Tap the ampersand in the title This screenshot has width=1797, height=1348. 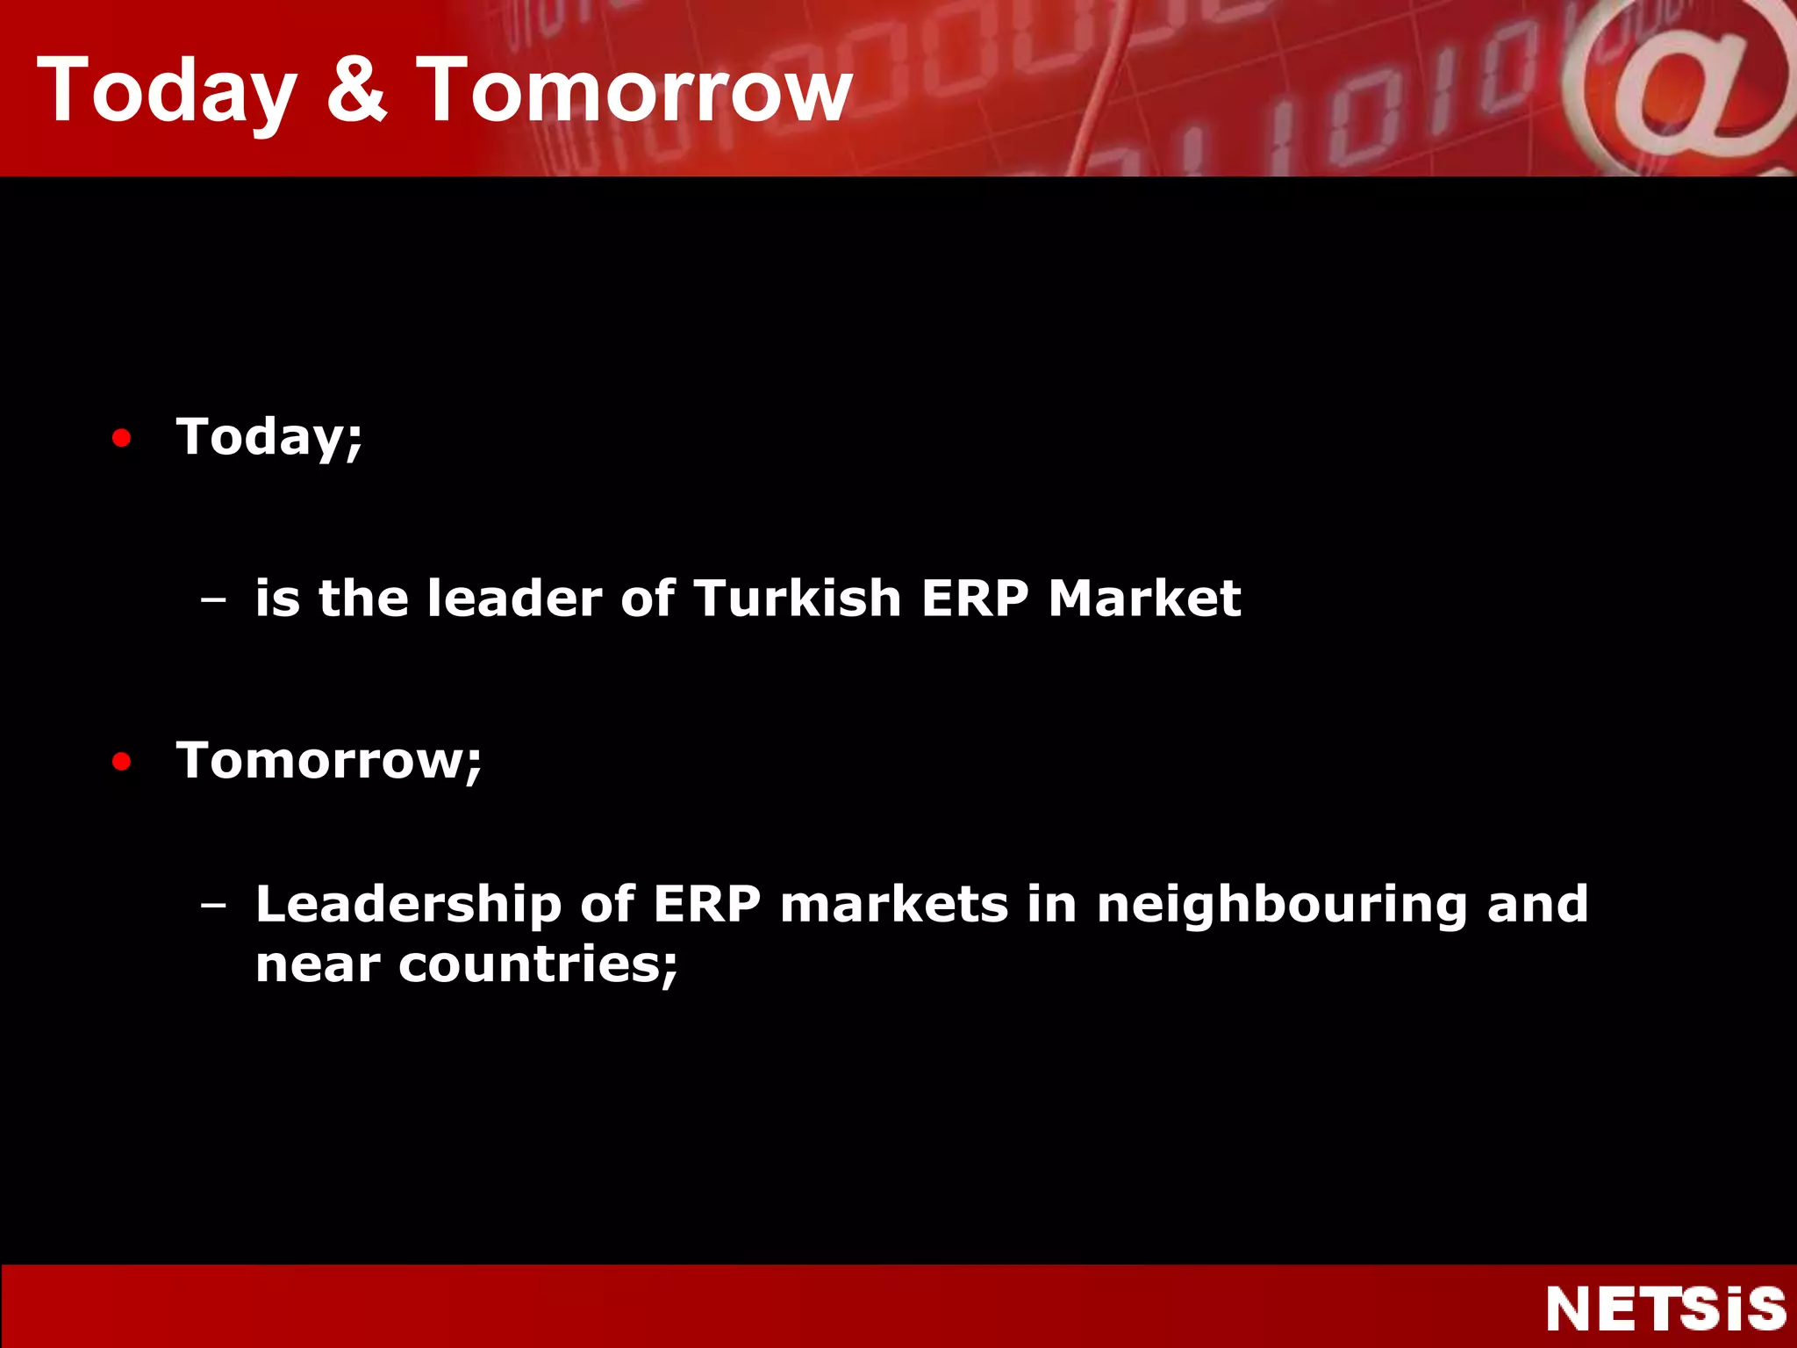coord(356,90)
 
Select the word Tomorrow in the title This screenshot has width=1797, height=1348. coord(634,90)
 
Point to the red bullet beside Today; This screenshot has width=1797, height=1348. coord(122,437)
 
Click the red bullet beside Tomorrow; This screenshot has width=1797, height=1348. coord(122,761)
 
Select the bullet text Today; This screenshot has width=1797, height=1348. coord(269,437)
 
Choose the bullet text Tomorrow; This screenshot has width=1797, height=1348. coord(329,760)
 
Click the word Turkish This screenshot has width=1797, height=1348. coord(798,599)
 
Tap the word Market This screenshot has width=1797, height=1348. coord(1144,599)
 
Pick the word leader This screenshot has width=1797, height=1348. coord(514,599)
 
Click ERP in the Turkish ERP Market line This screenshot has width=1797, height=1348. coord(975,599)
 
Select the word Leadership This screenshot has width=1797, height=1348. coord(408,905)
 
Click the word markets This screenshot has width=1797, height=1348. coord(894,905)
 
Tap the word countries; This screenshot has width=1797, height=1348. coord(538,965)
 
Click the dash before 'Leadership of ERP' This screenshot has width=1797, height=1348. coord(212,904)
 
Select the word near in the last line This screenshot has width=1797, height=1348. coord(318,965)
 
